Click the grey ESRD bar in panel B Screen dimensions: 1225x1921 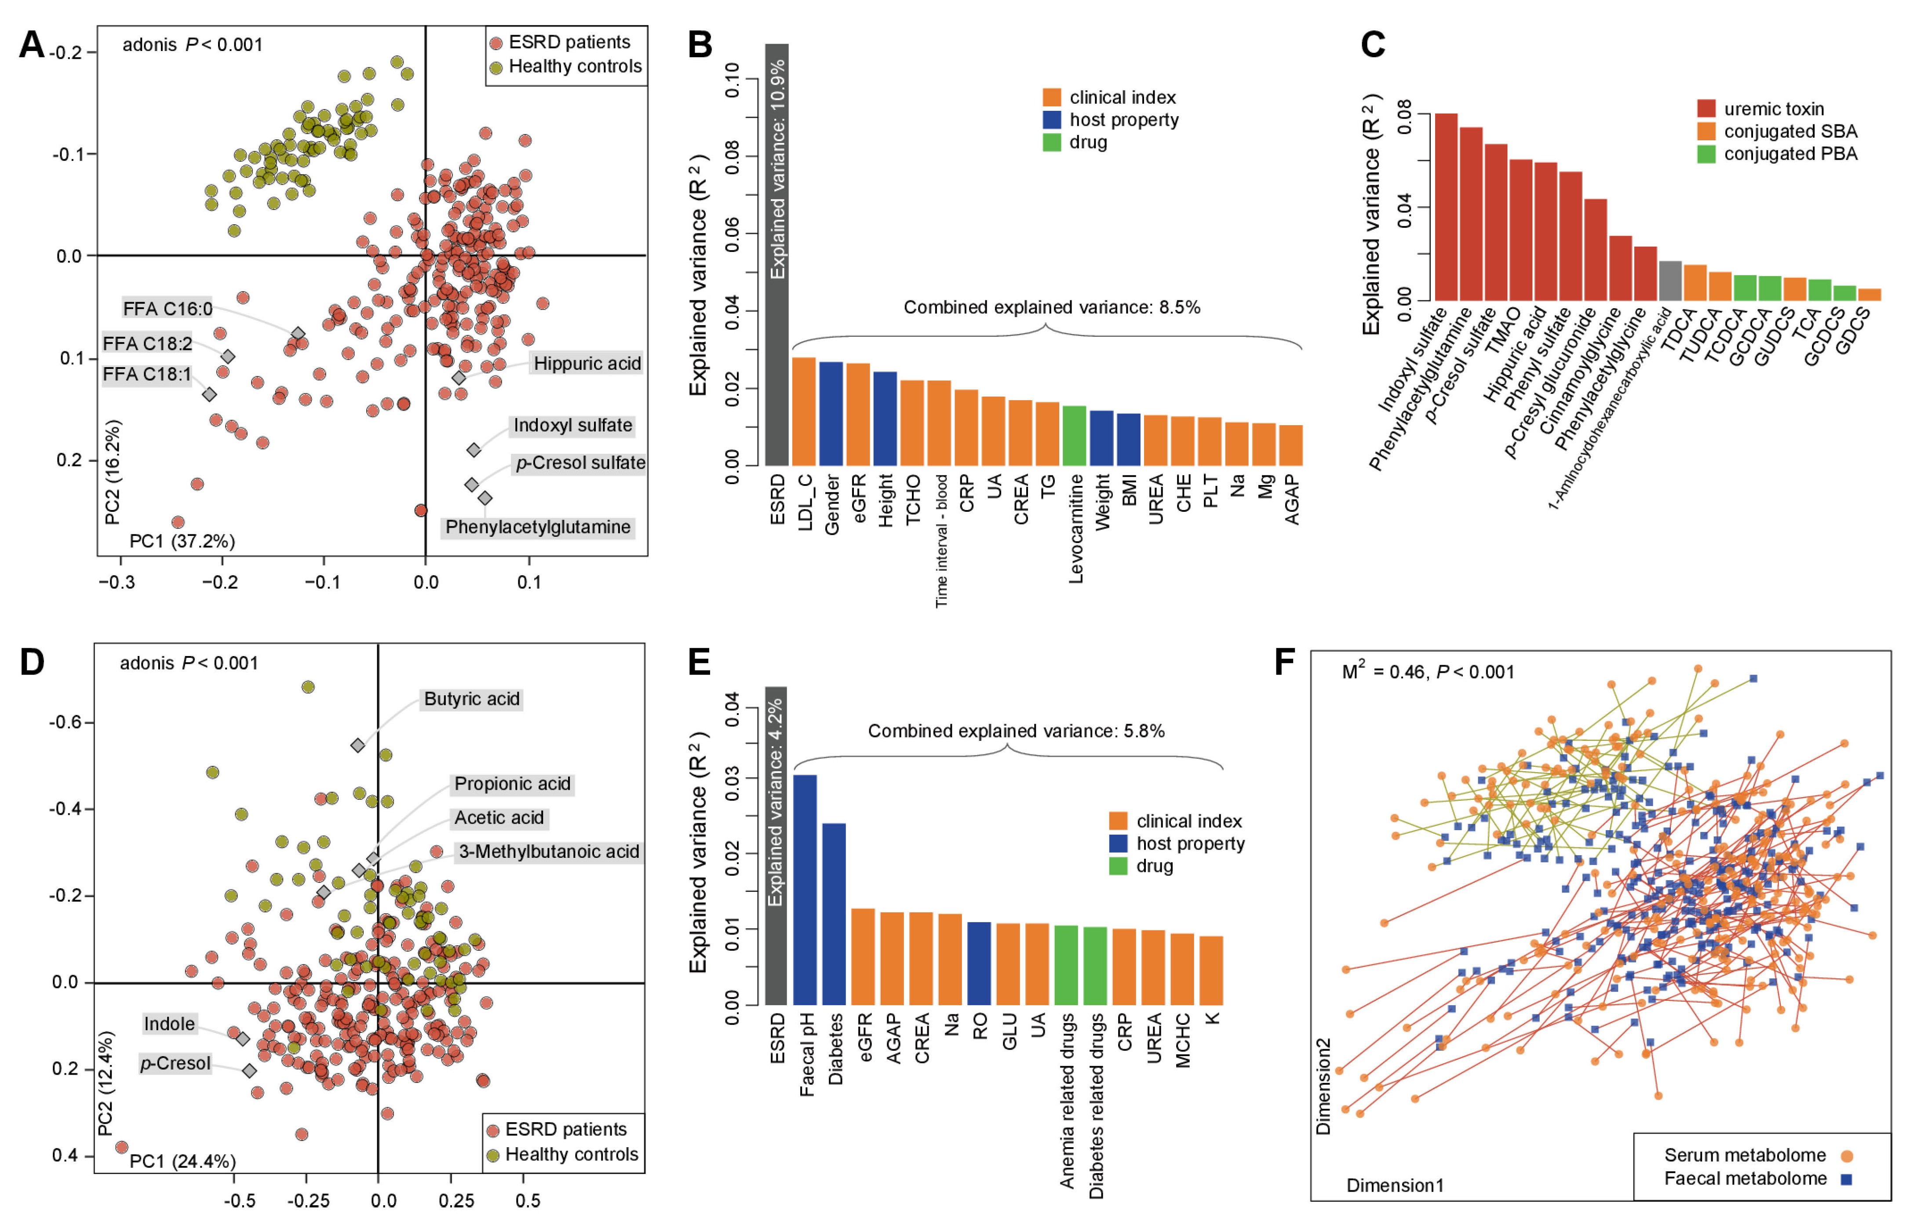click(x=776, y=255)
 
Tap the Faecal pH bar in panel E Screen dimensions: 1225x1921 click(x=805, y=889)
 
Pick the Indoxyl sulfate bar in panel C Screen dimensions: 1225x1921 click(x=1446, y=208)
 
